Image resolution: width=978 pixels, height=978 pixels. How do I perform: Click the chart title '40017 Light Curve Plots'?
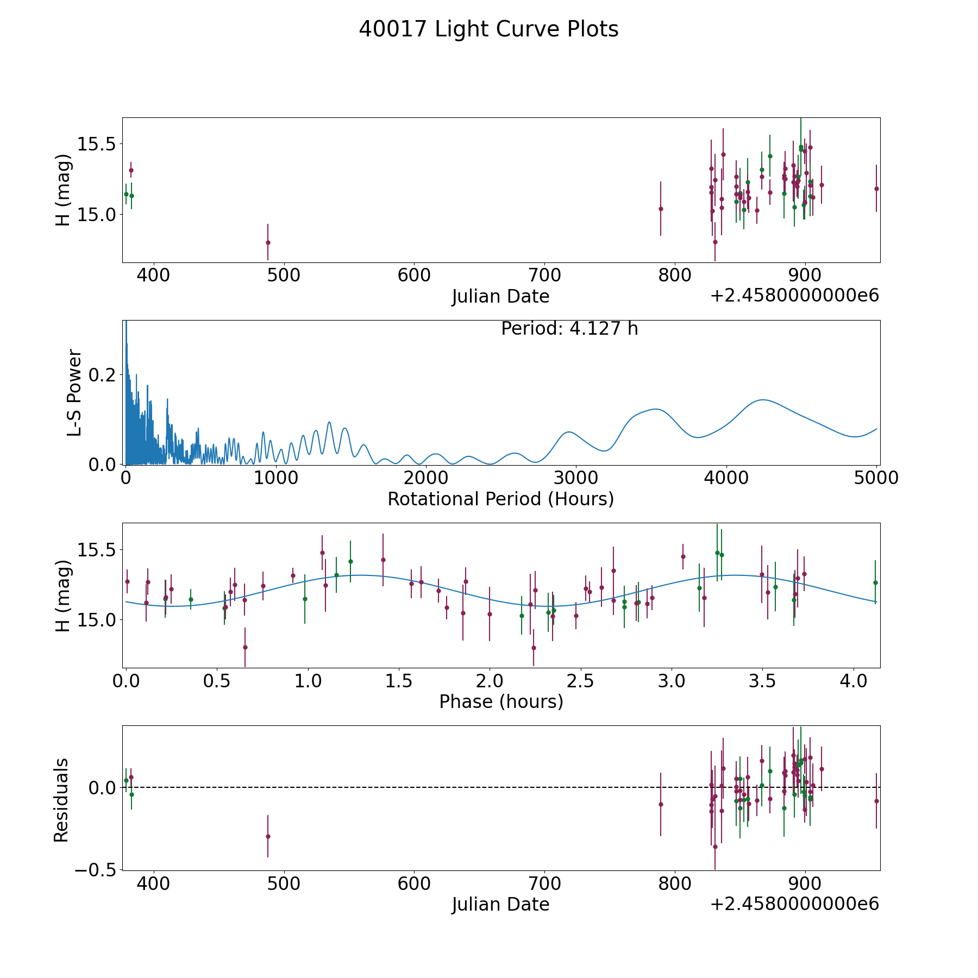click(488, 29)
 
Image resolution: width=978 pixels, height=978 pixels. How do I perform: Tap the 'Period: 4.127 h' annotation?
click(569, 329)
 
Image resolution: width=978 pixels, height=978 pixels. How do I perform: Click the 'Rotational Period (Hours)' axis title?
click(500, 499)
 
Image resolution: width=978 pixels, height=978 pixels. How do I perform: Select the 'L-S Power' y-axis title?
click(74, 392)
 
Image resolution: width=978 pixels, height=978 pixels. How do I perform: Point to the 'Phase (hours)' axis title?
click(501, 701)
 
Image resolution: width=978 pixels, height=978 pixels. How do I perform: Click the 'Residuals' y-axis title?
click(61, 800)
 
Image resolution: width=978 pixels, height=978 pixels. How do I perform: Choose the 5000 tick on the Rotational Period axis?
click(876, 478)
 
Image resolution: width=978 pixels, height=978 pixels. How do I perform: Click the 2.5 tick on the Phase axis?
click(580, 681)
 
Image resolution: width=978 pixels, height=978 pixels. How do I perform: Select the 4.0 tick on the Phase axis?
click(854, 681)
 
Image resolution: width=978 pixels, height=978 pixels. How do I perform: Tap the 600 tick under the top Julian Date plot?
click(414, 275)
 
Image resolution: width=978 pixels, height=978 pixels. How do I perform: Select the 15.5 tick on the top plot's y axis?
click(97, 144)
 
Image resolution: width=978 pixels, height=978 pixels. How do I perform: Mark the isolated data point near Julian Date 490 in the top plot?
click(268, 242)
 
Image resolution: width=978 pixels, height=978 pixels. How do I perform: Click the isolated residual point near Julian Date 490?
click(268, 836)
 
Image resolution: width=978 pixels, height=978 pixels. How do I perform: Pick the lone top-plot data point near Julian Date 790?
click(661, 209)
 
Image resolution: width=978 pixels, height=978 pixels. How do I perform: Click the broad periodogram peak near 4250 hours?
click(763, 400)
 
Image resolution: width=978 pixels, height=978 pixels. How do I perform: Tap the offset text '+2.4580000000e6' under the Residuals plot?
click(794, 904)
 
